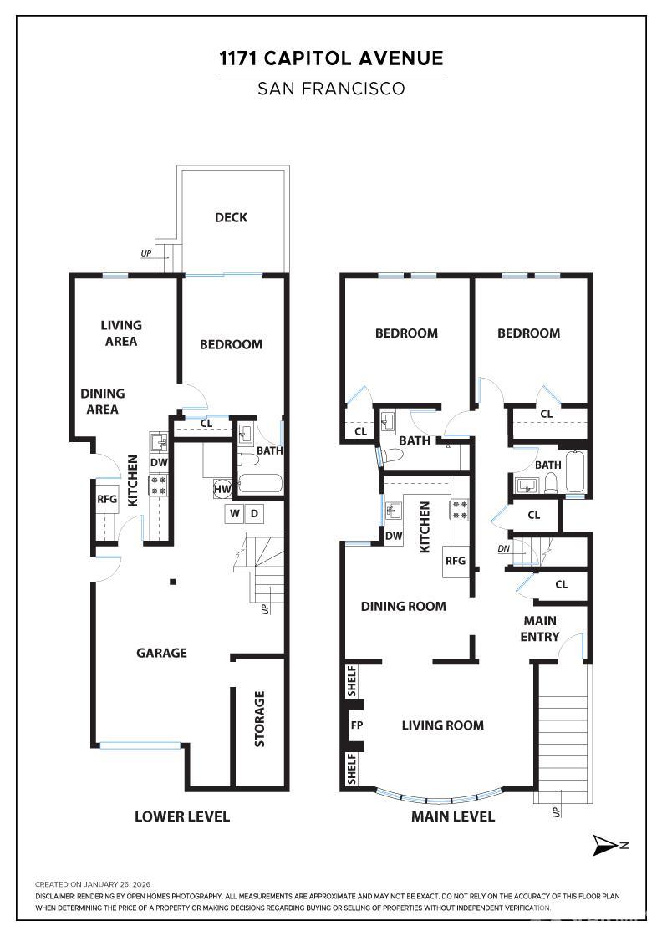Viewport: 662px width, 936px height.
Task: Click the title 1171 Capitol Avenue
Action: coord(331,58)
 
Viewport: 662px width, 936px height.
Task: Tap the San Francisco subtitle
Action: coord(331,89)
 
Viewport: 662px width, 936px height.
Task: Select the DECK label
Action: coord(231,217)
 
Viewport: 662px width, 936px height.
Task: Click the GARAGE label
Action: coord(161,653)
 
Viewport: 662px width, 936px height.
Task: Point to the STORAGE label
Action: coord(259,719)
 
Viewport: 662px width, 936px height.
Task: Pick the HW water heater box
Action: coord(222,489)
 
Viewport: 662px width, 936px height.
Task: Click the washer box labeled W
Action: coord(234,513)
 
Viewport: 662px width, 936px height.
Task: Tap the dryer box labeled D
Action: coord(254,513)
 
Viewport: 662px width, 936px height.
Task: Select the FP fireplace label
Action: coord(356,725)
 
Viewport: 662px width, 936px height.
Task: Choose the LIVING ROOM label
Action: coord(442,725)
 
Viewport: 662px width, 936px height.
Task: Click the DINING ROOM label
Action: coord(403,606)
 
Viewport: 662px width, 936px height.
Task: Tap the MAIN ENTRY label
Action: coord(540,628)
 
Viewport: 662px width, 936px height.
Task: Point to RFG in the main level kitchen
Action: coord(455,561)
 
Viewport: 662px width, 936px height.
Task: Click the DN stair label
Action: coord(503,548)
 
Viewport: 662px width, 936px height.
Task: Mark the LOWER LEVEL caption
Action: coord(182,816)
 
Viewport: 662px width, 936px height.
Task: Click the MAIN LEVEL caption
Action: coord(452,816)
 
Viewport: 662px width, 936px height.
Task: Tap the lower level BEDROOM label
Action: coord(231,344)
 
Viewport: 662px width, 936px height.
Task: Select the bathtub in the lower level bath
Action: coord(260,483)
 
